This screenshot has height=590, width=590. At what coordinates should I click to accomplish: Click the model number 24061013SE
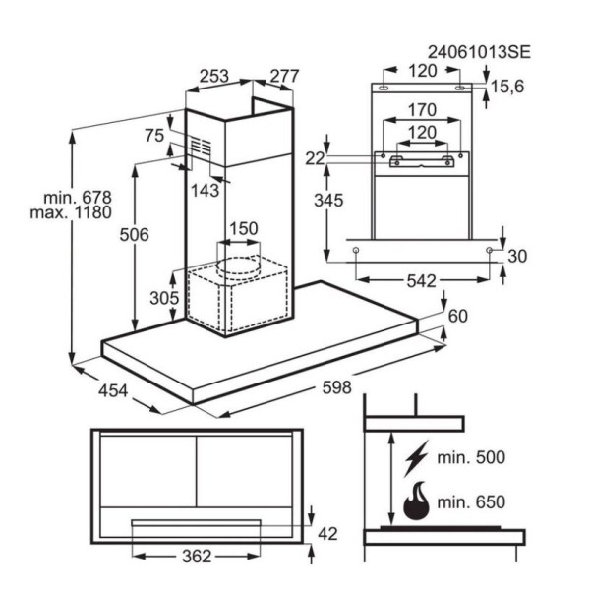[479, 52]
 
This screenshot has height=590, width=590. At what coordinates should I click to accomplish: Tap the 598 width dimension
[336, 387]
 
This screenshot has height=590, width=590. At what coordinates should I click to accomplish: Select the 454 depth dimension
[113, 390]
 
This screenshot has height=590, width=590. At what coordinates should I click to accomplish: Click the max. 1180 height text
[71, 212]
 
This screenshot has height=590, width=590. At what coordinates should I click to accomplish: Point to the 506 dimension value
[135, 235]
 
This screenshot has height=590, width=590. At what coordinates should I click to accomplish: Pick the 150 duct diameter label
[244, 228]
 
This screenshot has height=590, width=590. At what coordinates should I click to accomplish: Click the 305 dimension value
[164, 298]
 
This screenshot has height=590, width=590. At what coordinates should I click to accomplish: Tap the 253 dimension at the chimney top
[213, 76]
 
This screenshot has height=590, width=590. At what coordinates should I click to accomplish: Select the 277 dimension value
[284, 76]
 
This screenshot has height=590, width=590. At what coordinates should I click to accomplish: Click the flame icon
[416, 501]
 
